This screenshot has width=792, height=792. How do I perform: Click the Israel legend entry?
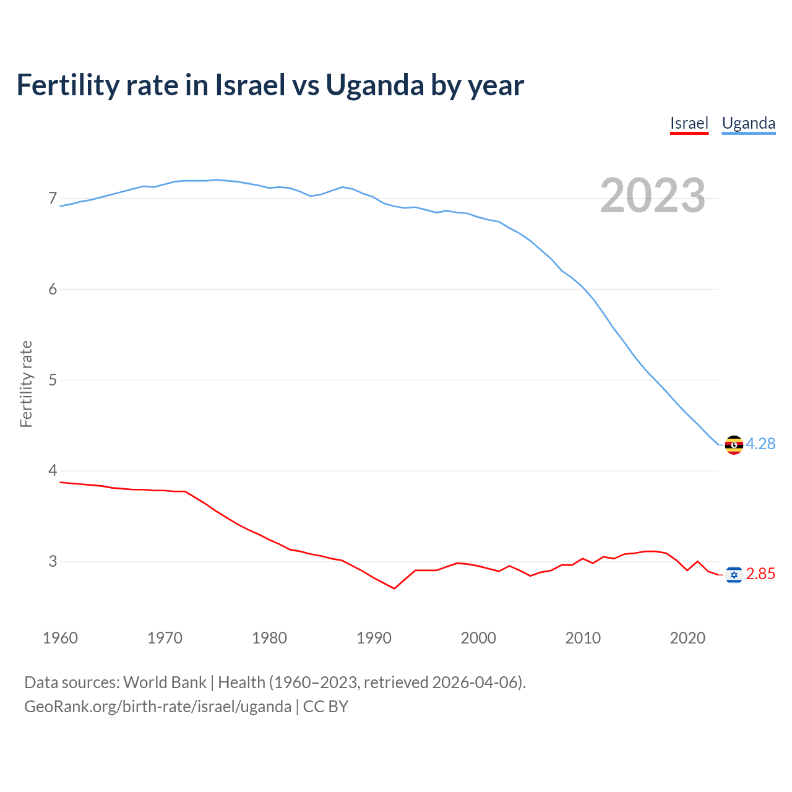(x=689, y=123)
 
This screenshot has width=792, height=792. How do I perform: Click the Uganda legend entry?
(x=749, y=123)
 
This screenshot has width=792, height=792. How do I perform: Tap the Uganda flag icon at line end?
(x=734, y=445)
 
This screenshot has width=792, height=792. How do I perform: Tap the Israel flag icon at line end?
(x=734, y=575)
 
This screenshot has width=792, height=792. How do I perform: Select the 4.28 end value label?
(x=760, y=444)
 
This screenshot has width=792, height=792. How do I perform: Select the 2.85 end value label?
(x=760, y=574)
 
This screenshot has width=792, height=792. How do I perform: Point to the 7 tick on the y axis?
(x=53, y=199)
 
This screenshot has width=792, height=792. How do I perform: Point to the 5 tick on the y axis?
(x=53, y=380)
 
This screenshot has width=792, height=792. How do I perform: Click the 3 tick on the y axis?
(x=53, y=561)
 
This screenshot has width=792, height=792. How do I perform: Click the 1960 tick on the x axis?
(x=60, y=638)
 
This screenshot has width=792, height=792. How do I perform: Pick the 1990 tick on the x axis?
(x=374, y=638)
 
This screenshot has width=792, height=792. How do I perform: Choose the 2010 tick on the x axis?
(x=583, y=638)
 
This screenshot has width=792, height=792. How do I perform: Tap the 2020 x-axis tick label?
(x=687, y=638)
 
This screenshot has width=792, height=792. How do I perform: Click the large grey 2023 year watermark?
(x=653, y=196)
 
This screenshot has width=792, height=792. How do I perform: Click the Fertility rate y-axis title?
(x=26, y=384)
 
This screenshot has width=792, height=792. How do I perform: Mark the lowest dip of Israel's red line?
(x=394, y=588)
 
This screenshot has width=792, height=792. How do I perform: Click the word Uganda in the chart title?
(x=374, y=85)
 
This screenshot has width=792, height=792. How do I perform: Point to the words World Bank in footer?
(x=165, y=682)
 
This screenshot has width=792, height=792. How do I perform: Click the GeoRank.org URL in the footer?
(x=158, y=707)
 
